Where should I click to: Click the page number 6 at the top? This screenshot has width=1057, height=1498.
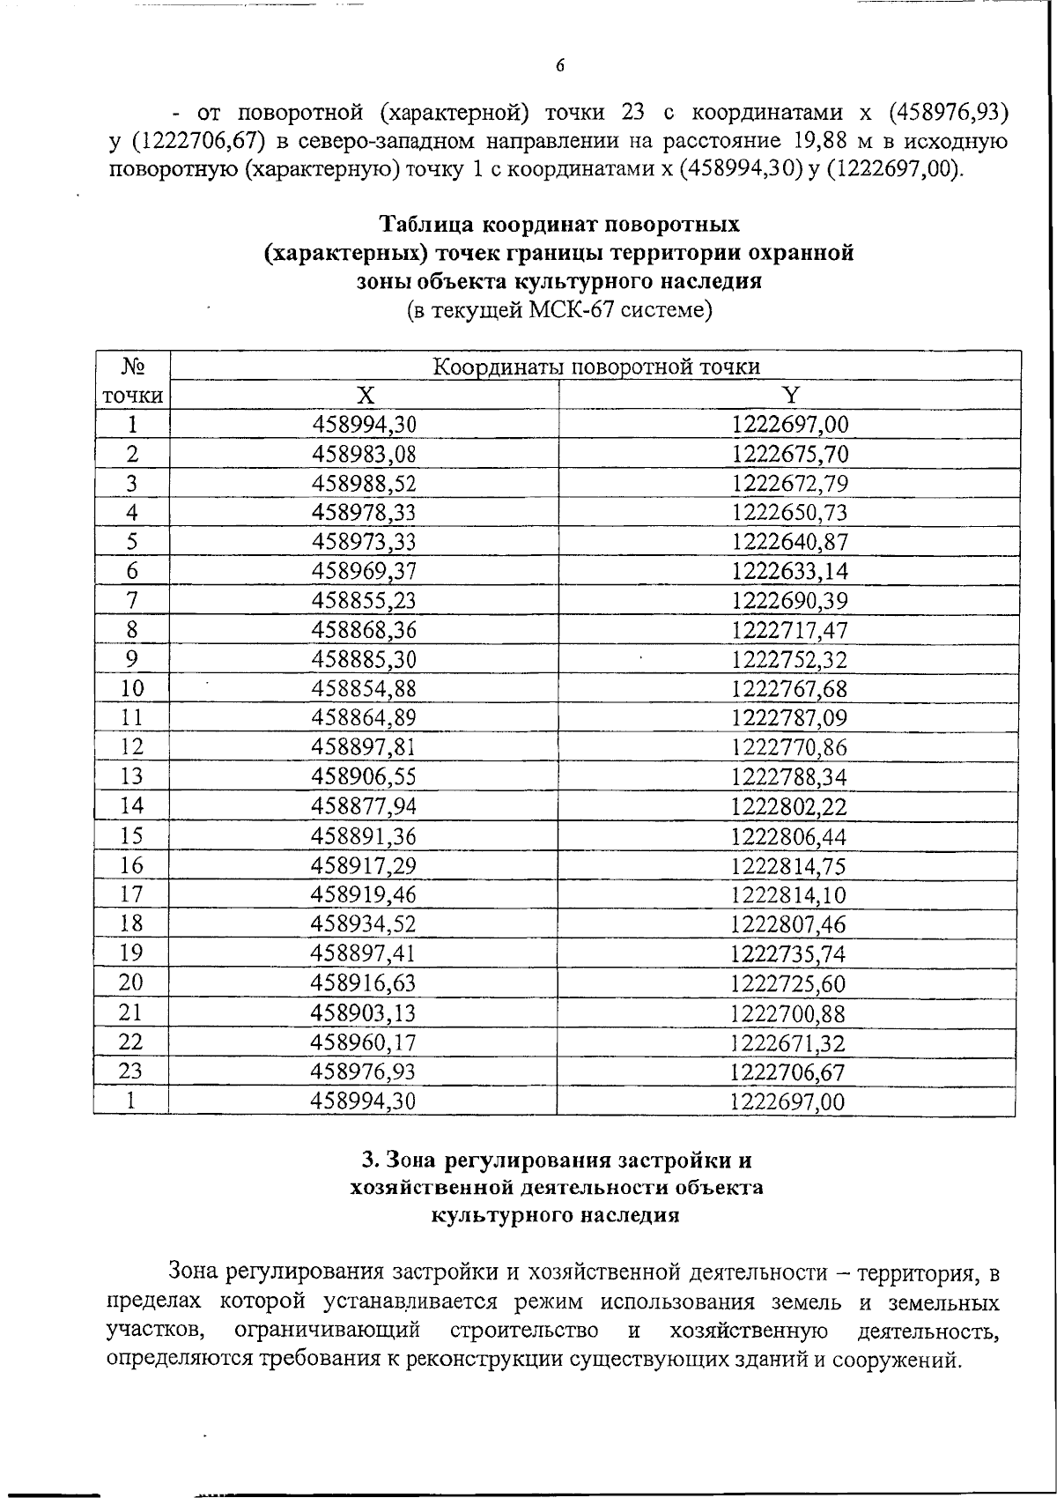pos(559,65)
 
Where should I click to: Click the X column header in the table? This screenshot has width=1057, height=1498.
pos(365,395)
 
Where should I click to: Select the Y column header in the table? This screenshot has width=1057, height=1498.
pos(790,395)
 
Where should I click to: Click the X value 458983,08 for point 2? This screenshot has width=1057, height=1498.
pos(364,455)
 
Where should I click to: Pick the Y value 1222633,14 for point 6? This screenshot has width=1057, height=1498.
pos(789,572)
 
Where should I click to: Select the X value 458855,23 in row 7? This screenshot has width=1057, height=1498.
pos(364,601)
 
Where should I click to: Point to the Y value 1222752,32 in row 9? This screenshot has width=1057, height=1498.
pos(789,660)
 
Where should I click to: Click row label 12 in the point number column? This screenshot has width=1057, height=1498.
pos(131,747)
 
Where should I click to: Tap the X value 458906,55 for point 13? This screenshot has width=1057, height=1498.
pos(364,777)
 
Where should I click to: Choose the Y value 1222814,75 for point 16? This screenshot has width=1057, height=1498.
pos(789,865)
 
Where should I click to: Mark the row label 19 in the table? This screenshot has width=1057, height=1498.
pos(131,953)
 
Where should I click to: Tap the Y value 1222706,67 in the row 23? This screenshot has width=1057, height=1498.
pos(789,1072)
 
